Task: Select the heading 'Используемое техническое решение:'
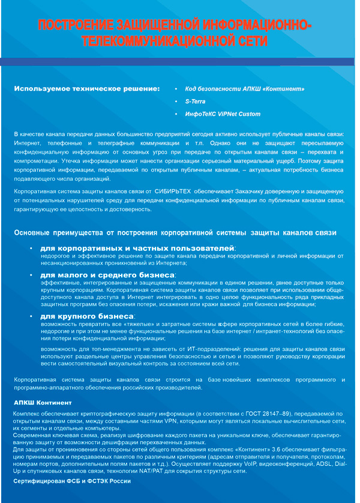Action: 87,89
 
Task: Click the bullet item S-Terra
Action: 195,101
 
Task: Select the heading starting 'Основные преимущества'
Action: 175,232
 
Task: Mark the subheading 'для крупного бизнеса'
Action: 87,316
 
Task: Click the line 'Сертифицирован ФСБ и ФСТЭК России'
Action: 72,481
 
